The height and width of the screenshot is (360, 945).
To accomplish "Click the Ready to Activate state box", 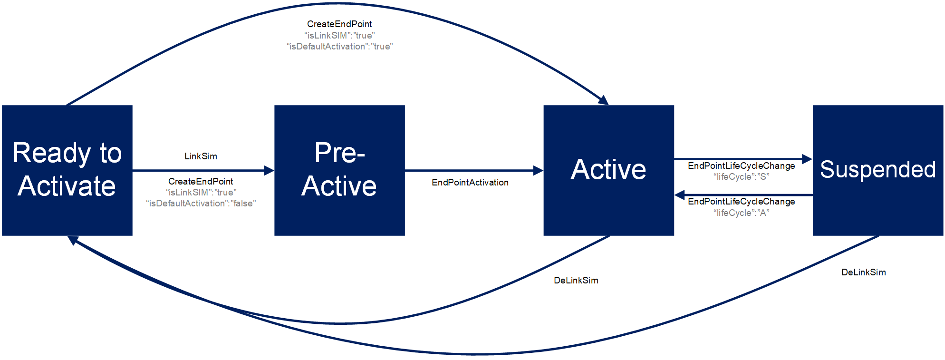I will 67,170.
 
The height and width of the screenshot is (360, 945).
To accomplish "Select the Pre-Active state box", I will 339,170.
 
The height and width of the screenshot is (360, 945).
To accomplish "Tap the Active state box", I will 608,170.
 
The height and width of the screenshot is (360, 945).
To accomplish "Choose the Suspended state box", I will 877,170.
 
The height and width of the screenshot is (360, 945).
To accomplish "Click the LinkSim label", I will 201,156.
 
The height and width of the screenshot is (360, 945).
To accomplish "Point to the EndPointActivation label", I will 470,182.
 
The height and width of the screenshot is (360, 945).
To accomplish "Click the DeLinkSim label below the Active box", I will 576,280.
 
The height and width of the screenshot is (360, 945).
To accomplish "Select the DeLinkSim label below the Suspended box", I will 863,272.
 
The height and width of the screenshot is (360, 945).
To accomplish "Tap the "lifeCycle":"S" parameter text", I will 741,176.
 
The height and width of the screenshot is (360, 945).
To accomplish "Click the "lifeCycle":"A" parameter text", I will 741,213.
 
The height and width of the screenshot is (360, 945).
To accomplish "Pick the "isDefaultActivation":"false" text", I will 201,203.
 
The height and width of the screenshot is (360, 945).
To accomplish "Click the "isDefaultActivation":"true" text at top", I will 339,46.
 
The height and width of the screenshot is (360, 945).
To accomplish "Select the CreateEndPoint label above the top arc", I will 339,24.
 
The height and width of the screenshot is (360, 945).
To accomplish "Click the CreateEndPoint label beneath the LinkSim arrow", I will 201,181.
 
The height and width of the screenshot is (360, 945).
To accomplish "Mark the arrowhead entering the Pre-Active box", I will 269,170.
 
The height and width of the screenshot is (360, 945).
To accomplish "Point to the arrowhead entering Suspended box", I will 807,159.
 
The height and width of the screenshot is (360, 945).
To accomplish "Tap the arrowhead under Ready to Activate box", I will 73,240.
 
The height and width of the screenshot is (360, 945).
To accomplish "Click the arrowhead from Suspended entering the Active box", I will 680,195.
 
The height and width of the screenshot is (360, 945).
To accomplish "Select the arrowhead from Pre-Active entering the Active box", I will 538,170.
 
